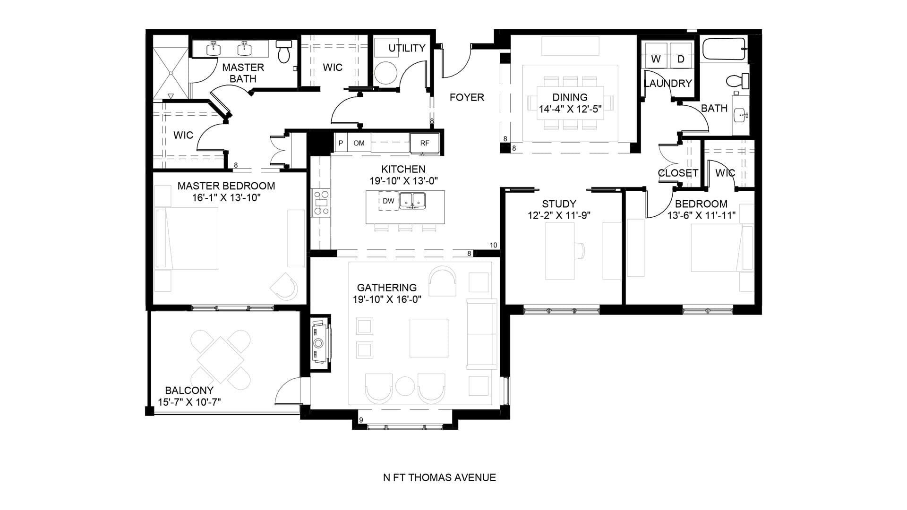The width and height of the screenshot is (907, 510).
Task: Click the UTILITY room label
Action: [x=407, y=48]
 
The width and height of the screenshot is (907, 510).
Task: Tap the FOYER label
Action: [x=467, y=97]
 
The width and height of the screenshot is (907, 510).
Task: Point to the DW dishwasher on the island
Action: [x=388, y=201]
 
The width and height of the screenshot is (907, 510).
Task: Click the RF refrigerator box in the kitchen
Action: [x=425, y=143]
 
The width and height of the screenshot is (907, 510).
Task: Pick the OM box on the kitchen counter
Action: [x=359, y=143]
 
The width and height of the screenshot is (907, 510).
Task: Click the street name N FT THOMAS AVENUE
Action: [x=439, y=477]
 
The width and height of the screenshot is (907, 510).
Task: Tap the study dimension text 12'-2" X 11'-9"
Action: [x=559, y=216]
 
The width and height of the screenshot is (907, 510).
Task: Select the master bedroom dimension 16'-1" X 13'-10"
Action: [x=226, y=198]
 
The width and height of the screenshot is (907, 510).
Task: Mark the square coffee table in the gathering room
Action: [x=428, y=338]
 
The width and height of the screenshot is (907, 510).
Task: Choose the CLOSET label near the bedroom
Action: [x=678, y=173]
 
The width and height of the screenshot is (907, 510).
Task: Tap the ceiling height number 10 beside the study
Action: [x=493, y=245]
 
